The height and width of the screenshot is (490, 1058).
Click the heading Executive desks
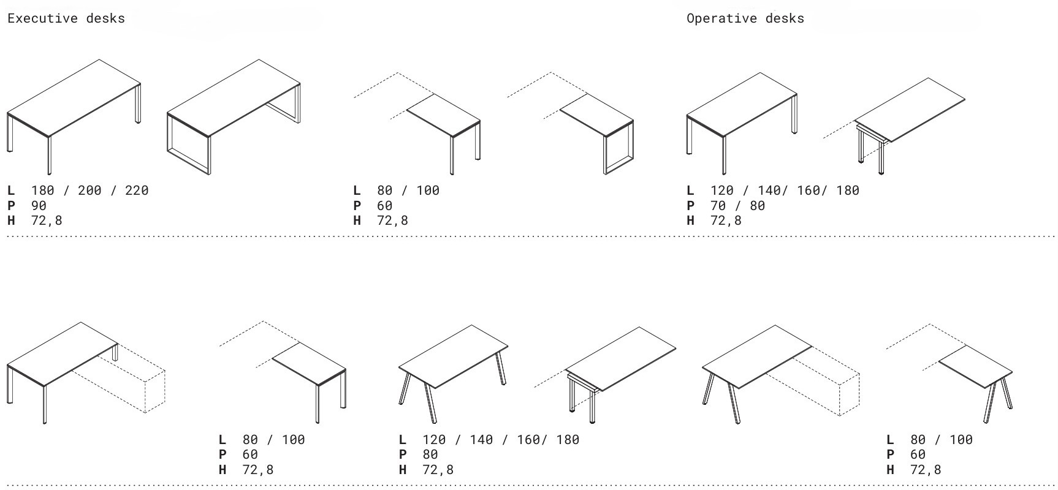pos(66,18)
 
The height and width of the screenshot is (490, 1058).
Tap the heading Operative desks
pos(745,18)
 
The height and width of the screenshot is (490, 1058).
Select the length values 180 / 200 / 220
pos(90,190)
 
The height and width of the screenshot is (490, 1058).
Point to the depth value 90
pos(39,206)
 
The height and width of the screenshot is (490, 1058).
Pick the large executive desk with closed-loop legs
pos(234,116)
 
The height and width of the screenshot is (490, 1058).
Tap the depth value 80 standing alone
pos(430,454)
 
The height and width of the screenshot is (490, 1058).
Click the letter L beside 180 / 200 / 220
pos(11,190)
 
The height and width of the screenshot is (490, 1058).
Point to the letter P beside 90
pos(11,206)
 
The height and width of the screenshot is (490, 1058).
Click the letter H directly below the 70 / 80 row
pos(691,221)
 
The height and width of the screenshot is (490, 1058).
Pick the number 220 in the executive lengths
pos(137,190)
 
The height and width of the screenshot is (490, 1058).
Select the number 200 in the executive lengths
pos(89,190)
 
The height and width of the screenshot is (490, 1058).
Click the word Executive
pos(42,18)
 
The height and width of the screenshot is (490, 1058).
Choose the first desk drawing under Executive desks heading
pos(74,116)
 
